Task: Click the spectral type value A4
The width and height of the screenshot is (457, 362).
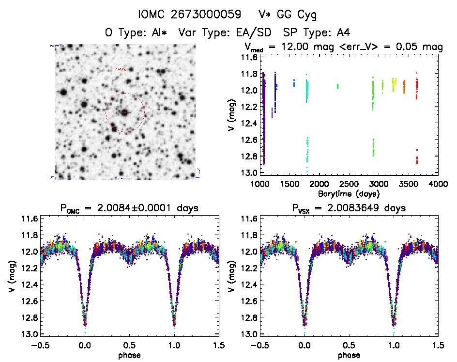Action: tap(343, 32)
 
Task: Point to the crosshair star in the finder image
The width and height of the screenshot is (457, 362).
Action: tap(125, 112)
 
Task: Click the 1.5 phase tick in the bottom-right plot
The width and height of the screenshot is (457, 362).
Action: tap(438, 346)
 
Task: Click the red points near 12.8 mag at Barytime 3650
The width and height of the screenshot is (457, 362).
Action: tap(416, 158)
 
